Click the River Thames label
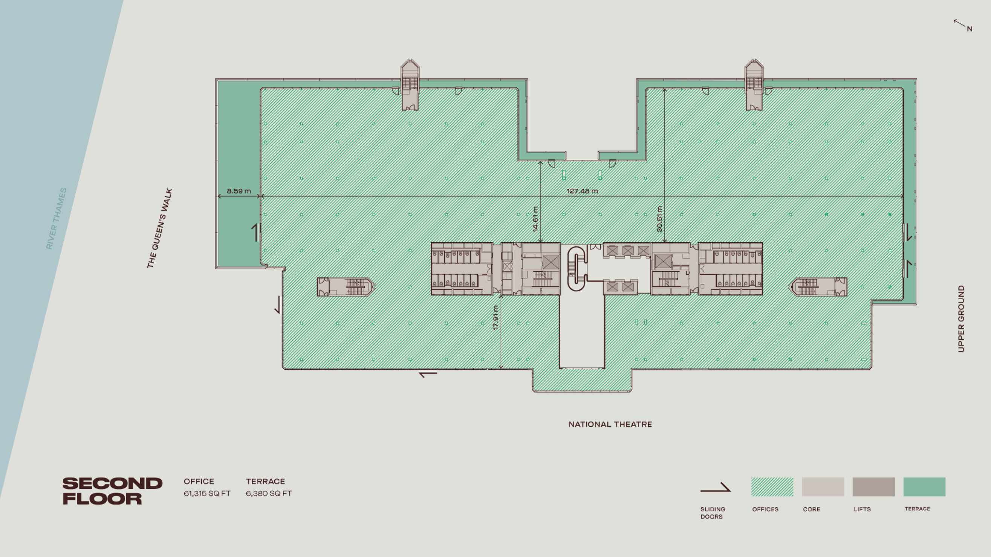pyautogui.click(x=56, y=219)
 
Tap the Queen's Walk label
pyautogui.click(x=160, y=228)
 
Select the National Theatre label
pyautogui.click(x=610, y=424)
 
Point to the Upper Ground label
pyautogui.click(x=961, y=318)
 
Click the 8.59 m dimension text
pyautogui.click(x=239, y=191)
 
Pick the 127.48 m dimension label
pyautogui.click(x=582, y=191)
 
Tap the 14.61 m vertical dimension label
pyautogui.click(x=535, y=219)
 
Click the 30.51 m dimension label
pyautogui.click(x=659, y=219)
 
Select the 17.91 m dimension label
pyautogui.click(x=496, y=317)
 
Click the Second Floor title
pyautogui.click(x=112, y=491)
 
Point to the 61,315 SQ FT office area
pyautogui.click(x=207, y=493)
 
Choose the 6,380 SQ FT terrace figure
pyautogui.click(x=269, y=493)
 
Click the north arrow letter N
pyautogui.click(x=970, y=29)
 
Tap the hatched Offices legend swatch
pyautogui.click(x=772, y=487)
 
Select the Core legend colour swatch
pyautogui.click(x=823, y=487)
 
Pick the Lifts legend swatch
pyautogui.click(x=874, y=487)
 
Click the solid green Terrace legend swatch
pyautogui.click(x=924, y=487)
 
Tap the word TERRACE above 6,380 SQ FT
pyautogui.click(x=265, y=481)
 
